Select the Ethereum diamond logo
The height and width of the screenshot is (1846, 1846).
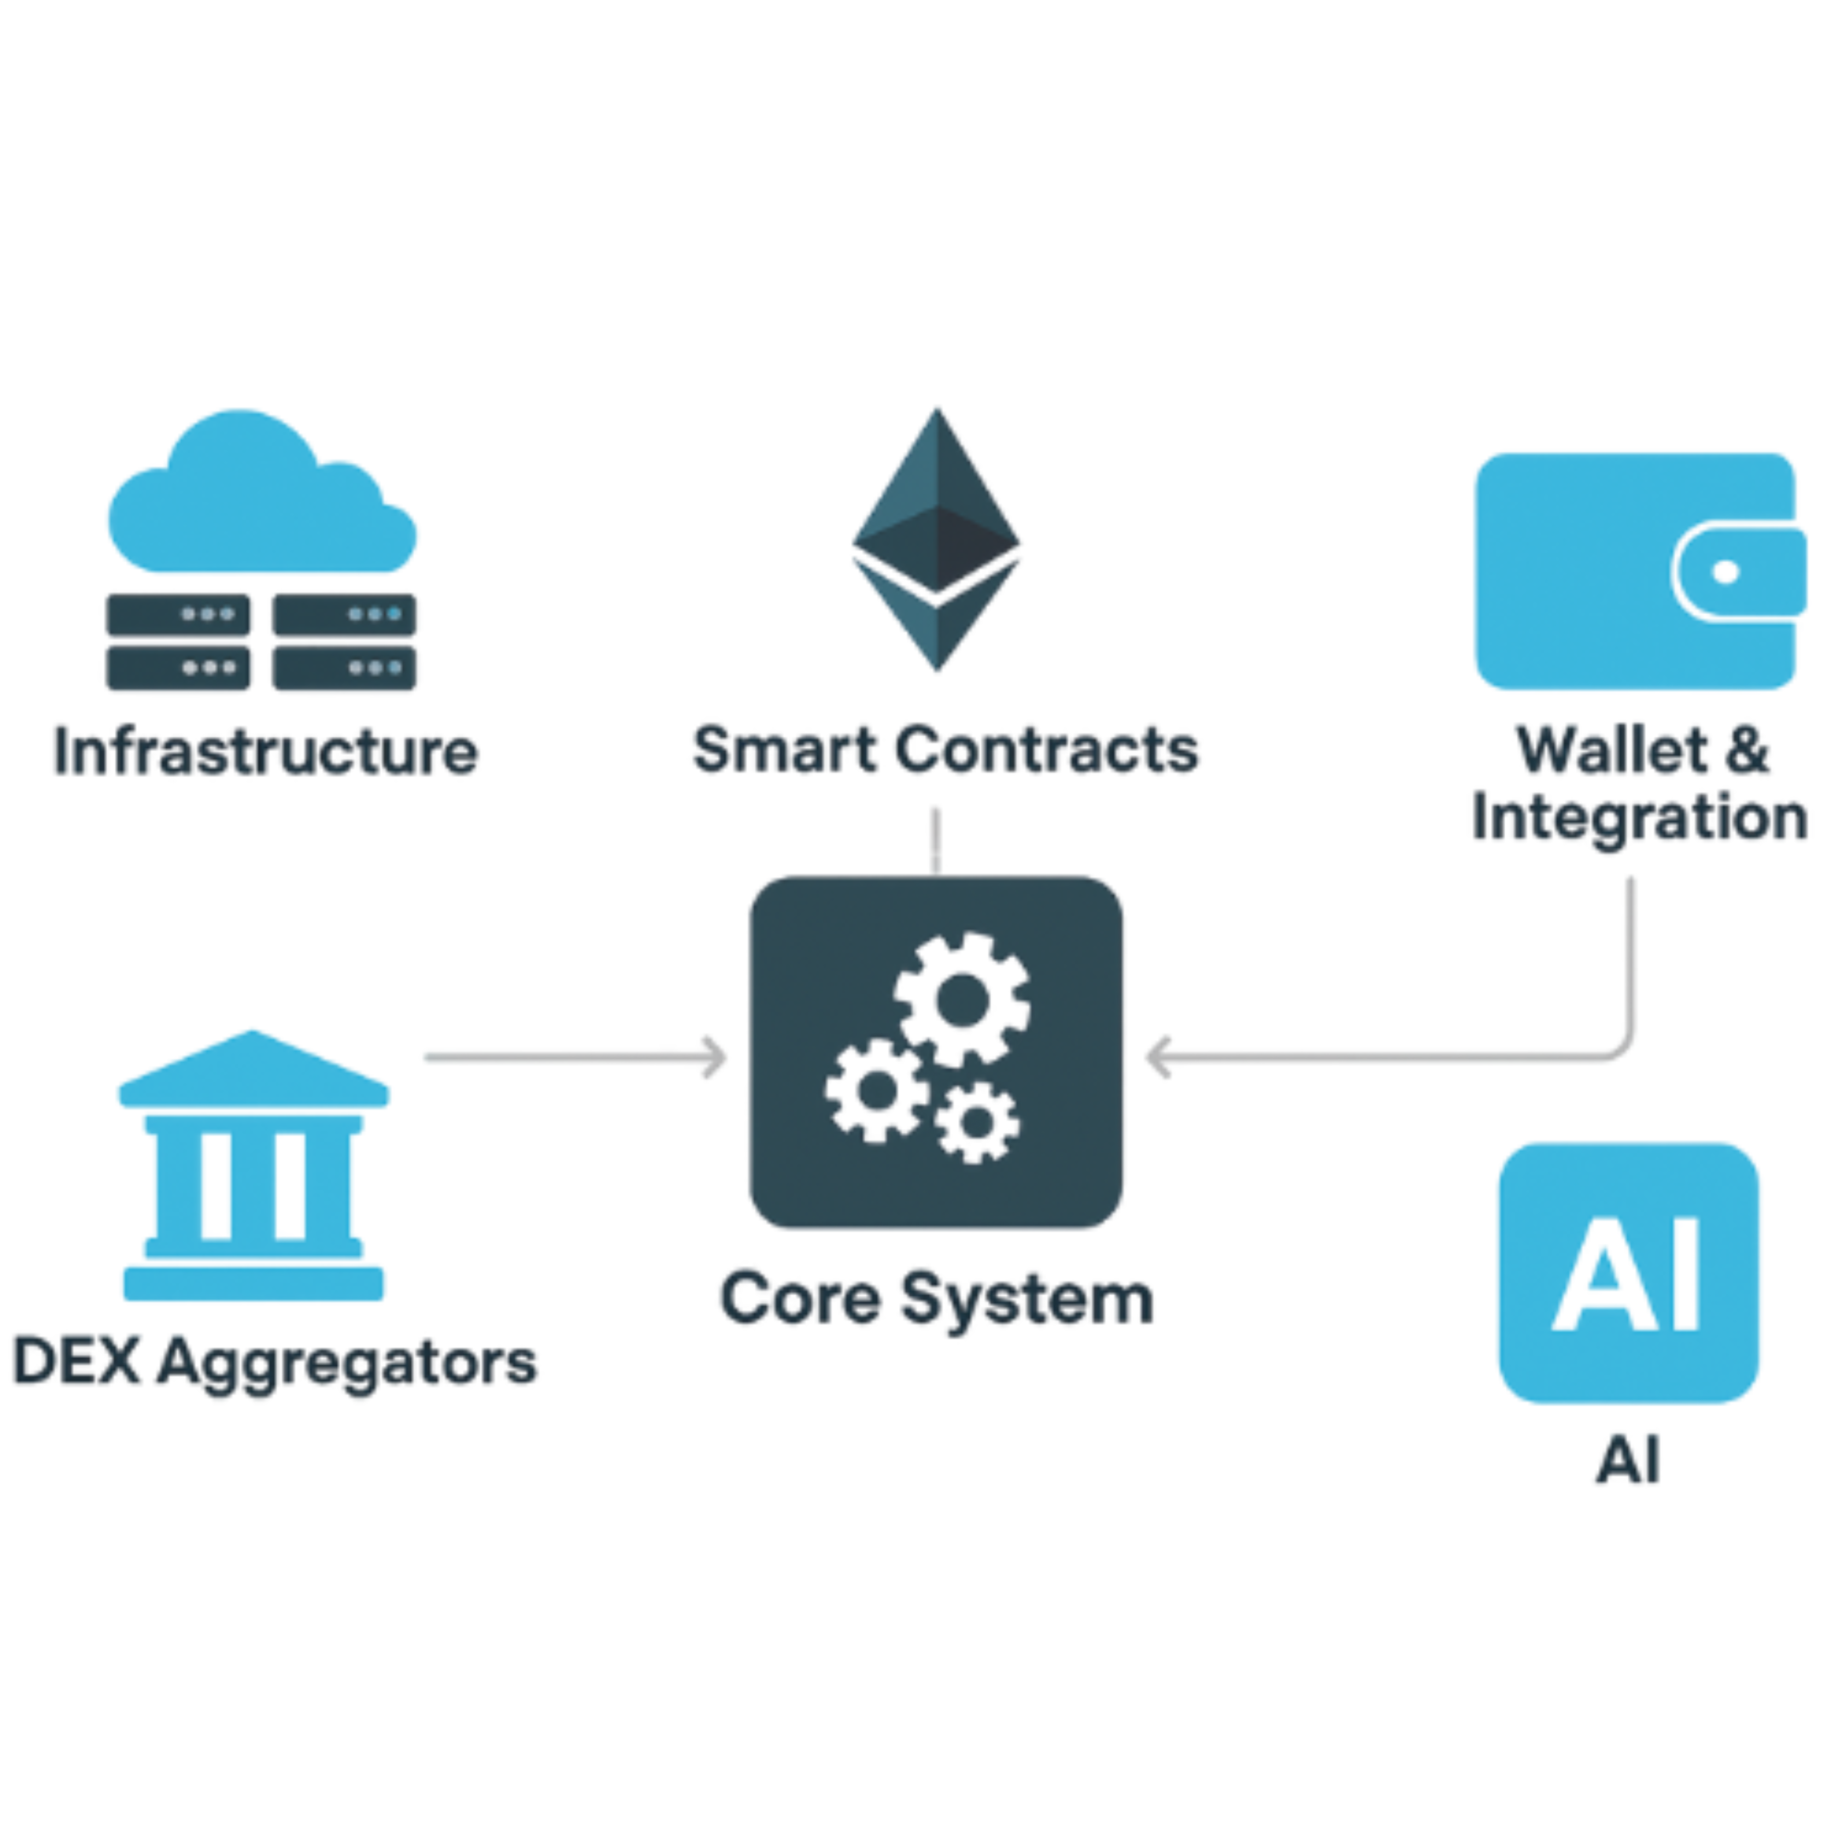(x=937, y=540)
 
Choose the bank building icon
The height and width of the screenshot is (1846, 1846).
(x=254, y=1166)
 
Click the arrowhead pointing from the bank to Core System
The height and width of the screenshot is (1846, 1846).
(x=712, y=1057)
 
